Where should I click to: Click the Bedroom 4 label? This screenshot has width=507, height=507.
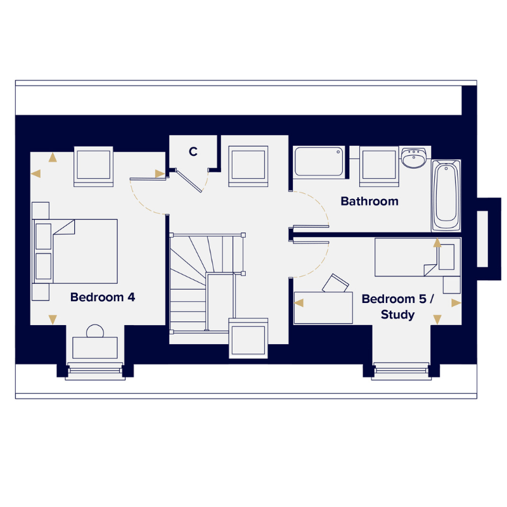point(103,297)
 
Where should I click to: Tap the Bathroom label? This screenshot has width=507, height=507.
point(369,201)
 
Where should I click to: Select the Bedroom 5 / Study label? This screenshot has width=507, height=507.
point(398,307)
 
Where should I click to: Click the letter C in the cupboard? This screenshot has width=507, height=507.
point(193,151)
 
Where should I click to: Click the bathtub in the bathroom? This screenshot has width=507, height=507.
point(446,196)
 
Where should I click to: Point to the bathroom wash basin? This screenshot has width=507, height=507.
point(414,158)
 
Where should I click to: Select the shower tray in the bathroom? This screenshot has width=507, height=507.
point(319,162)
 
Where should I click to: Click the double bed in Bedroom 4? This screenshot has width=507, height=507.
point(75,251)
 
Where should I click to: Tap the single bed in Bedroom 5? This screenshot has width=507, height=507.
point(418,257)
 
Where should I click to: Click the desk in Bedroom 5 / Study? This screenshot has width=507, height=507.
point(323,307)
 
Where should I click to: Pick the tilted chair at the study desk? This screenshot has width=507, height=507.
point(335,283)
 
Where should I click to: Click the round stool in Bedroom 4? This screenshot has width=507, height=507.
point(95,331)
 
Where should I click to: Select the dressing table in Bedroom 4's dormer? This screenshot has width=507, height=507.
point(95,347)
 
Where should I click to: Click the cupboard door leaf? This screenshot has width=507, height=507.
point(189,181)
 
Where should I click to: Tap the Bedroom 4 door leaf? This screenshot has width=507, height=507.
point(148,179)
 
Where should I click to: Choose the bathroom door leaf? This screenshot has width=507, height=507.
point(311,226)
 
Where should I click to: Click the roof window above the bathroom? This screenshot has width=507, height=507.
point(379,166)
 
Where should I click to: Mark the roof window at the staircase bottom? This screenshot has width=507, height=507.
point(248,338)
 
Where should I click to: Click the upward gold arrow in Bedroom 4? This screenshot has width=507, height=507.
point(53,157)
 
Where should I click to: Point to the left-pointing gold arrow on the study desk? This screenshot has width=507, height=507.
point(299,303)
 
